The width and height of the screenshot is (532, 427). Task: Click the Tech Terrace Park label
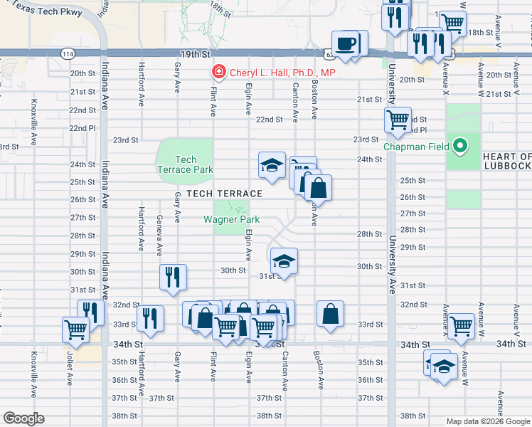(x=185, y=164)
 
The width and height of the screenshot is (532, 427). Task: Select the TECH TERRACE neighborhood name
(x=224, y=194)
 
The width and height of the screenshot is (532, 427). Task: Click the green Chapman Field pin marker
(x=460, y=147)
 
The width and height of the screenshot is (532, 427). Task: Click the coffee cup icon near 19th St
(x=346, y=44)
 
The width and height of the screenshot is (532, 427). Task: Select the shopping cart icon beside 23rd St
(x=398, y=120)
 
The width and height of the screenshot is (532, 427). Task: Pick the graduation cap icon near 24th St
(x=270, y=166)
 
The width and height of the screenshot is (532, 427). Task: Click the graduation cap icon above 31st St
(x=283, y=260)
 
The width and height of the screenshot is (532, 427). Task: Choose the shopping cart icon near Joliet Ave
(x=75, y=329)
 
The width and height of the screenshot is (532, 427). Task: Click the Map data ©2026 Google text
(x=487, y=421)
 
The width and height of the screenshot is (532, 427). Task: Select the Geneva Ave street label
(x=159, y=234)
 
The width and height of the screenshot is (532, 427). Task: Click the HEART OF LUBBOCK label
(x=506, y=161)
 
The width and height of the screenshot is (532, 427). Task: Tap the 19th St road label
(x=196, y=53)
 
